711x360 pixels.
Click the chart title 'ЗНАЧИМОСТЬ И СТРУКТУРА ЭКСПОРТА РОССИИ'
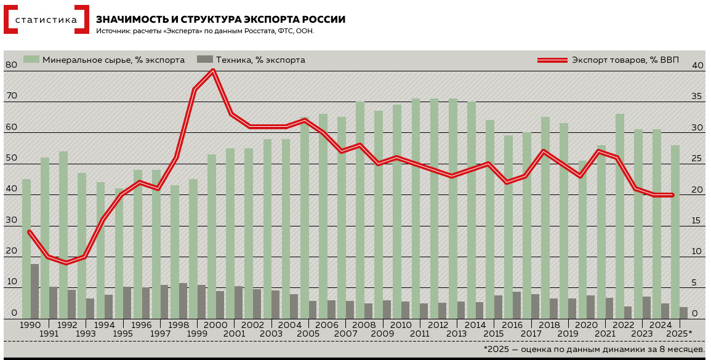(x=220, y=20)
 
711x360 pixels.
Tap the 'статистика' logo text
(x=46, y=20)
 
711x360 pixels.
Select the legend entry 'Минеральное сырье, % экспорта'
(x=104, y=60)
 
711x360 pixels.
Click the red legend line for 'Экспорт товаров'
(x=552, y=60)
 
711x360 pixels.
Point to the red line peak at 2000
(x=213, y=71)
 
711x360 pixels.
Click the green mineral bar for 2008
(x=360, y=209)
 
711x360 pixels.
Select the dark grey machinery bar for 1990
(x=35, y=291)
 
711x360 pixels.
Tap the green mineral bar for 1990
(x=26, y=246)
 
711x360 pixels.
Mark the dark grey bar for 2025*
(x=683, y=313)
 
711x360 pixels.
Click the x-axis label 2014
(x=475, y=325)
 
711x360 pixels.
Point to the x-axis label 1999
(x=197, y=334)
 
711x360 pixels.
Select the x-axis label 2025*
(x=680, y=334)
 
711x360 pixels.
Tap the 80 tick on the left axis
(x=11, y=65)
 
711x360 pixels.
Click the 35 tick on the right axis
(x=697, y=97)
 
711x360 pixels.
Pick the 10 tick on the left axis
(x=11, y=282)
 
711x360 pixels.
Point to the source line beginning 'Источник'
(x=205, y=31)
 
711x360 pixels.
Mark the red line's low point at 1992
(x=66, y=263)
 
